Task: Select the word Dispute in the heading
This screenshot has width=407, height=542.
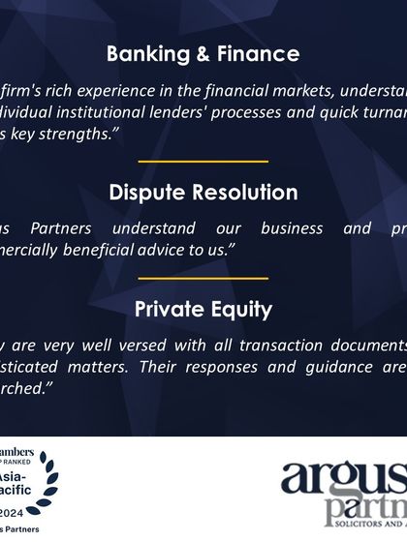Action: (x=144, y=192)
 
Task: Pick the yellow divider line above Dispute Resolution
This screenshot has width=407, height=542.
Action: (x=203, y=162)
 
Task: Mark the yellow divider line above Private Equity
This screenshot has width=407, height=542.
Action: (x=203, y=278)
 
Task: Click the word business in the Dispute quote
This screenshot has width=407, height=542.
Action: (x=291, y=229)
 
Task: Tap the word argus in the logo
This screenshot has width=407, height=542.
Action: (x=344, y=483)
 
